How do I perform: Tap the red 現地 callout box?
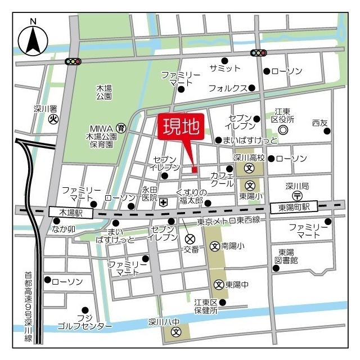[182, 128]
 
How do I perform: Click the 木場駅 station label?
[65, 212]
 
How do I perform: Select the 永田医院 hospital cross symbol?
[163, 202]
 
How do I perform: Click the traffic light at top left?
[73, 61]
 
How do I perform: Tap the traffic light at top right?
[258, 53]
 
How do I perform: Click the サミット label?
[225, 68]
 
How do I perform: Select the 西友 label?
[319, 123]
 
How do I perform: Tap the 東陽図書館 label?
[287, 256]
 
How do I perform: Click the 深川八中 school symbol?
[176, 331]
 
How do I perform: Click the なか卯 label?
[64, 229]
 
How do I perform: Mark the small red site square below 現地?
[194, 169]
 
